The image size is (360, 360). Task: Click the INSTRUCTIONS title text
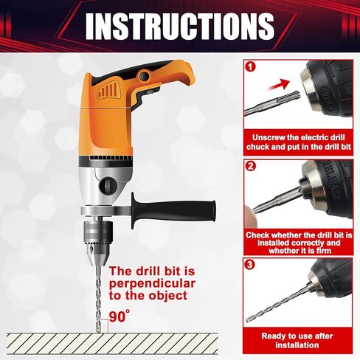pyautogui.click(x=179, y=26)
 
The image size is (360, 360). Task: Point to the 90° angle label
pyautogui.click(x=119, y=316)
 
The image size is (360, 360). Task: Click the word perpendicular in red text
pyautogui.click(x=153, y=283)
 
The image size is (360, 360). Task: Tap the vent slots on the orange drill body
pyautogui.click(x=111, y=94)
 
